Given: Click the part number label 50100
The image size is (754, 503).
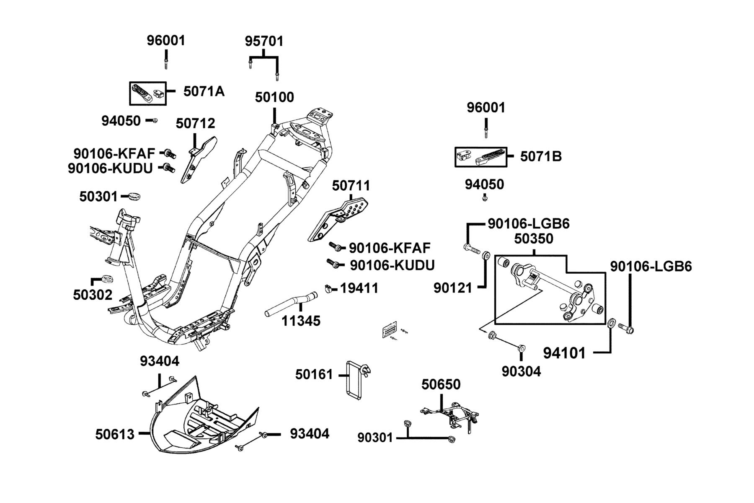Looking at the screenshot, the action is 274,97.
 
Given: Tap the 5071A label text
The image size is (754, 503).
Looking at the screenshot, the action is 204,91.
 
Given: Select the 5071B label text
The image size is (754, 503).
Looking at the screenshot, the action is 541,156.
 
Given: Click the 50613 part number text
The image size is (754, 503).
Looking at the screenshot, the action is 115,434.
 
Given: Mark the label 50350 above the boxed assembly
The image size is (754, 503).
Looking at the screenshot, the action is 534,239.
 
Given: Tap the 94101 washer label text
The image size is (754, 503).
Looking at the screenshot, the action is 564,353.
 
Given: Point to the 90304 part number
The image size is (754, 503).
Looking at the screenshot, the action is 522,371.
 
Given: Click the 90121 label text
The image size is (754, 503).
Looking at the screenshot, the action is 453,288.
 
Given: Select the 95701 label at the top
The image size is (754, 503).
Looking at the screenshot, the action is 264,41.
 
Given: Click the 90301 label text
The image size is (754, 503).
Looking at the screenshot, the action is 375,438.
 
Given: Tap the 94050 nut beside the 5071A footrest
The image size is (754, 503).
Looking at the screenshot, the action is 155,121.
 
